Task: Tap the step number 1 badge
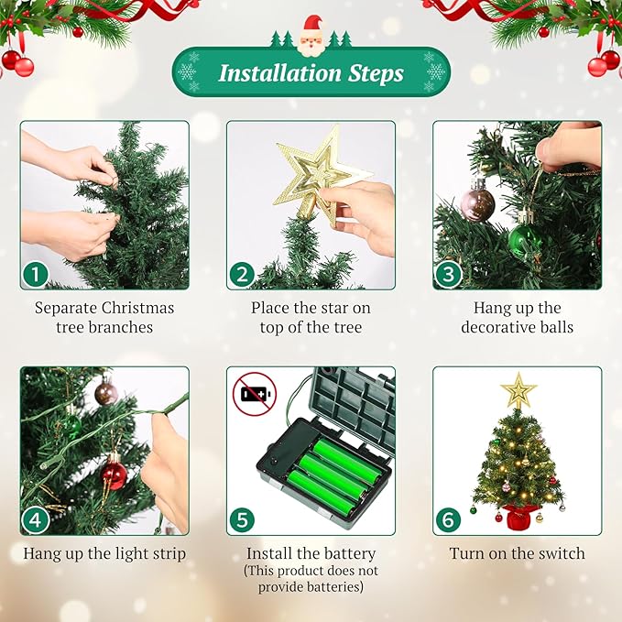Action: tap(36, 273)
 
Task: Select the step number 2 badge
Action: tap(242, 273)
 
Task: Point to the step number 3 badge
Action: tap(448, 273)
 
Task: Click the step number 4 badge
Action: tap(36, 519)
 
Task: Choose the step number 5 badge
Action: tap(242, 519)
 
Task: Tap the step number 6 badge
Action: tap(448, 519)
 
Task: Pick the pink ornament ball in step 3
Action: tap(477, 203)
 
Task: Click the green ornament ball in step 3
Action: tap(525, 241)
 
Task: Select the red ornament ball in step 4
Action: tap(114, 475)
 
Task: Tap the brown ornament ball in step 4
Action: tap(106, 393)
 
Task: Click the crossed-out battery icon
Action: tap(254, 394)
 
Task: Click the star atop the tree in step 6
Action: tap(518, 390)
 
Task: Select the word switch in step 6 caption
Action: tap(559, 553)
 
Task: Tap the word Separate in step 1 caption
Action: tap(66, 308)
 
